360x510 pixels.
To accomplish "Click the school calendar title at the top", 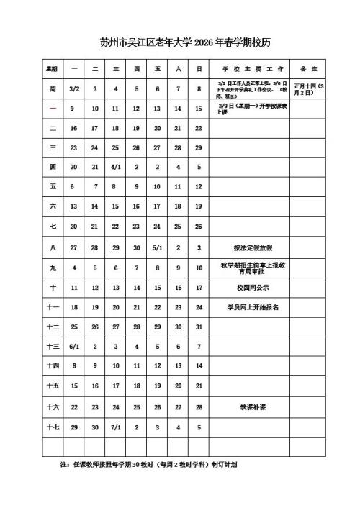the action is [x=180, y=42].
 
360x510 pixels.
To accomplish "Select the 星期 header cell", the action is [x=53, y=69].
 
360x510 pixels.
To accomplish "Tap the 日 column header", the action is [x=199, y=69].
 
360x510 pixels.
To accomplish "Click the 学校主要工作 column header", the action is [x=249, y=69].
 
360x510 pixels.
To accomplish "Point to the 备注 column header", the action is [x=308, y=69].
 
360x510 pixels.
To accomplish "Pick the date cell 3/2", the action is [x=73, y=89].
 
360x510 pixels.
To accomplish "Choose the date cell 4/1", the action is [x=115, y=167].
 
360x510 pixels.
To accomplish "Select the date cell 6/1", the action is [x=73, y=346].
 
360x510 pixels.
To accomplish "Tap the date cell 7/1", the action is [x=115, y=427].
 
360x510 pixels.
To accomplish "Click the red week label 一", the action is [x=53, y=108].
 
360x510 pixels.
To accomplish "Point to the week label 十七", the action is [x=53, y=427].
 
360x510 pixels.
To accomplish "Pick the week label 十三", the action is [x=53, y=346].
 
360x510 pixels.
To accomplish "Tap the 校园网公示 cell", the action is [x=249, y=287].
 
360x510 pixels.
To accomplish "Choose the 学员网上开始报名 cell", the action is [x=249, y=306].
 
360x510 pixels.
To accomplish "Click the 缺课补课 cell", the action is [x=249, y=406].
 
